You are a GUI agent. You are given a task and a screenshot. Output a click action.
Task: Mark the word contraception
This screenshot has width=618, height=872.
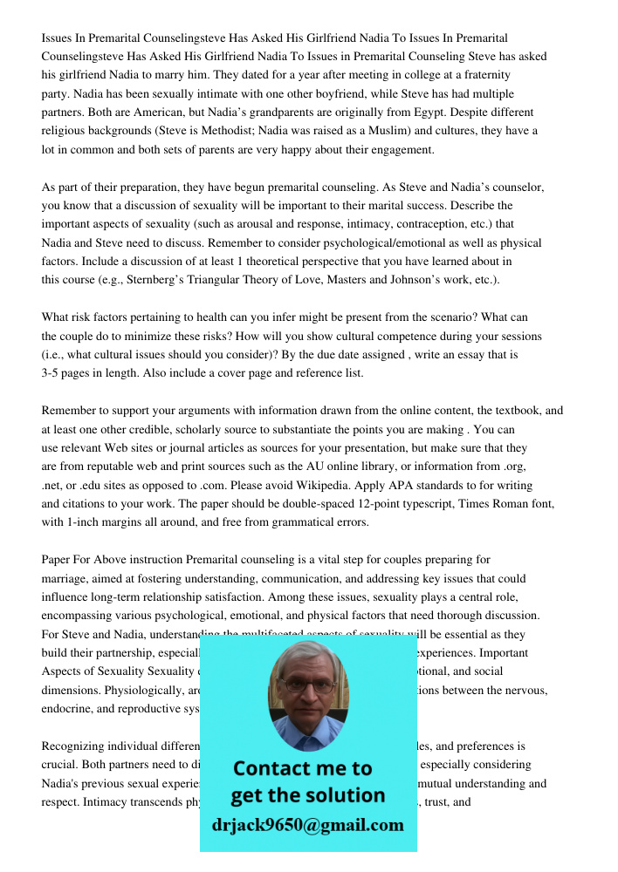tap(422, 224)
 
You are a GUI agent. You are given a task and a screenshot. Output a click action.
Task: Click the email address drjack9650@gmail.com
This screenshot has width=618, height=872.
tap(307, 825)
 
